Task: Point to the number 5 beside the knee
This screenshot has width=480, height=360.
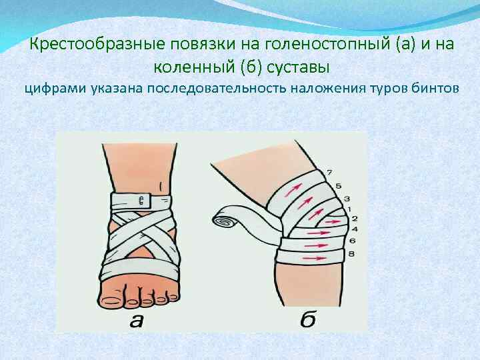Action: click(338, 185)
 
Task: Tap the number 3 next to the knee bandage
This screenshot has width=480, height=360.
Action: click(347, 198)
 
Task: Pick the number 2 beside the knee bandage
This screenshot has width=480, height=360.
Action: click(354, 219)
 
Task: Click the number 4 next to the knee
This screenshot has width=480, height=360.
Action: click(354, 229)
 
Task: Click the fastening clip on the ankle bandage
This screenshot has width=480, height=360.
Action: click(143, 200)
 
